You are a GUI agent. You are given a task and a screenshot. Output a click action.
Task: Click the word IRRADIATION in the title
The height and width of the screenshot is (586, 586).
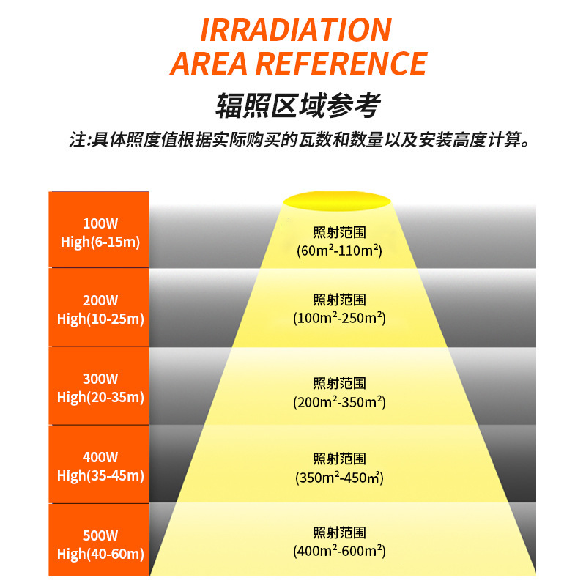(295, 29)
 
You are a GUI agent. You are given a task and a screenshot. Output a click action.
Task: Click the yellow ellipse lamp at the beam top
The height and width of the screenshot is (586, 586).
(337, 199)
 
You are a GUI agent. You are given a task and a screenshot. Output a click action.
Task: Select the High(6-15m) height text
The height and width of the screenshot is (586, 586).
(100, 242)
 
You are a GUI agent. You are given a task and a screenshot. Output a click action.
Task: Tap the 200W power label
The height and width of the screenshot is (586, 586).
(100, 300)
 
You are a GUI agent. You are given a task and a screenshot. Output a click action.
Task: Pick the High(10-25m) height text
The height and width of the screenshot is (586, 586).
(100, 319)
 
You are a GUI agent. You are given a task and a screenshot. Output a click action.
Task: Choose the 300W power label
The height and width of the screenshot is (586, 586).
(100, 379)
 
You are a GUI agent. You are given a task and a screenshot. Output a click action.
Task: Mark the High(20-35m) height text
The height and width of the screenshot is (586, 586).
(100, 397)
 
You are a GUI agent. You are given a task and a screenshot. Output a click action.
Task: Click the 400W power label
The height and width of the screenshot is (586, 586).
(100, 457)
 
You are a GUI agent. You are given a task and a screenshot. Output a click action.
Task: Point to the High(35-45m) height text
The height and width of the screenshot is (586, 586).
(100, 475)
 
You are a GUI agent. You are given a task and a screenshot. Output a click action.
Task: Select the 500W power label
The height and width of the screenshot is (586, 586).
(100, 535)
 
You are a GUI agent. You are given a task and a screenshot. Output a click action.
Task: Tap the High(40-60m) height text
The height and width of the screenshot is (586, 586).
(100, 554)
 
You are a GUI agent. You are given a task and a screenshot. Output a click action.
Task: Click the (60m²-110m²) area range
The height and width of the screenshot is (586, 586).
(339, 251)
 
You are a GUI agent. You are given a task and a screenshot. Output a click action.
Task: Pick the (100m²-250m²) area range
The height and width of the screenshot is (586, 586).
(339, 319)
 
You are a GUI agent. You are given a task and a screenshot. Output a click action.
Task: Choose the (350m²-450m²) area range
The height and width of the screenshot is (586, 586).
(339, 478)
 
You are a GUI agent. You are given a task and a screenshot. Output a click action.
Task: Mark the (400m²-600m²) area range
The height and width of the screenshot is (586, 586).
(339, 552)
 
